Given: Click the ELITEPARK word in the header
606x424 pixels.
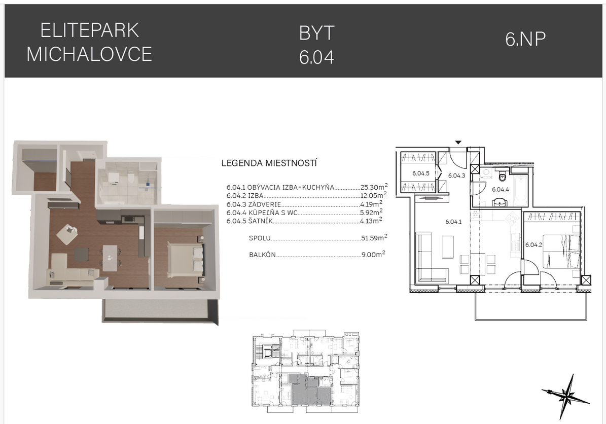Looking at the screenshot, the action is click(89, 30).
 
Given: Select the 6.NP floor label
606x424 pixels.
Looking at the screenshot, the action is click(525, 39).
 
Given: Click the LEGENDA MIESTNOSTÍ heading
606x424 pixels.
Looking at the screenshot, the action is click(269, 163).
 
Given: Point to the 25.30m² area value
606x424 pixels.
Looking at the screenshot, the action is click(374, 187).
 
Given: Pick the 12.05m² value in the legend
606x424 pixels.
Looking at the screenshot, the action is click(373, 196).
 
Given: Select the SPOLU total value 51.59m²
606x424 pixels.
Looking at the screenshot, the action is click(374, 238).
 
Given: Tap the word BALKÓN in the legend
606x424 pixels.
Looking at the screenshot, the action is click(262, 255).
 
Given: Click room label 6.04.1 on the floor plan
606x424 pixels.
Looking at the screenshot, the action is click(453, 222).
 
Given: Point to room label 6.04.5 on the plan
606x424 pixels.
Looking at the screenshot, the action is click(421, 173).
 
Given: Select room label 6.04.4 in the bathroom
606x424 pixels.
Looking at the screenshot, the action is click(500, 189).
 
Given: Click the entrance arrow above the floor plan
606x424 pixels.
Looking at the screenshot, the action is click(458, 143).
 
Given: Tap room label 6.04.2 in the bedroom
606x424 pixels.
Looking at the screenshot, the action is click(533, 244).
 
